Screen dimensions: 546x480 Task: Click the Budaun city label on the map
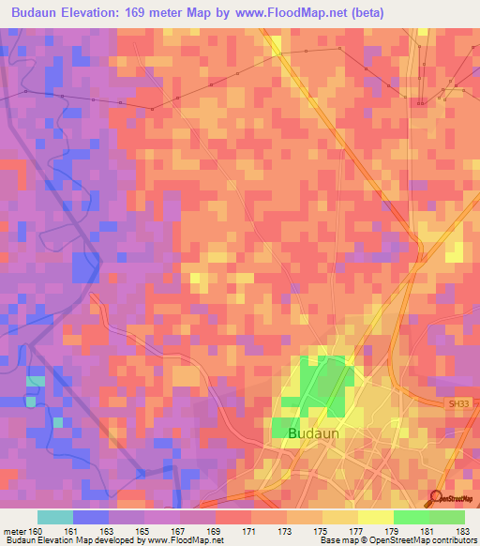[x=314, y=434]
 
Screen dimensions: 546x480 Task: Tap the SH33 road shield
[x=456, y=403]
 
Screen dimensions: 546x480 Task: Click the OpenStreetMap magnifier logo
[x=437, y=498]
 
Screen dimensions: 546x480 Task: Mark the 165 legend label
[x=144, y=530]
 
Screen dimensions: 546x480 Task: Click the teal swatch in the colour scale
[x=55, y=517]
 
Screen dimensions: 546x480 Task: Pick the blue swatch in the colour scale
[x=91, y=517]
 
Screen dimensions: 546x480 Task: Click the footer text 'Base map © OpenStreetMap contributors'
[x=397, y=540]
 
